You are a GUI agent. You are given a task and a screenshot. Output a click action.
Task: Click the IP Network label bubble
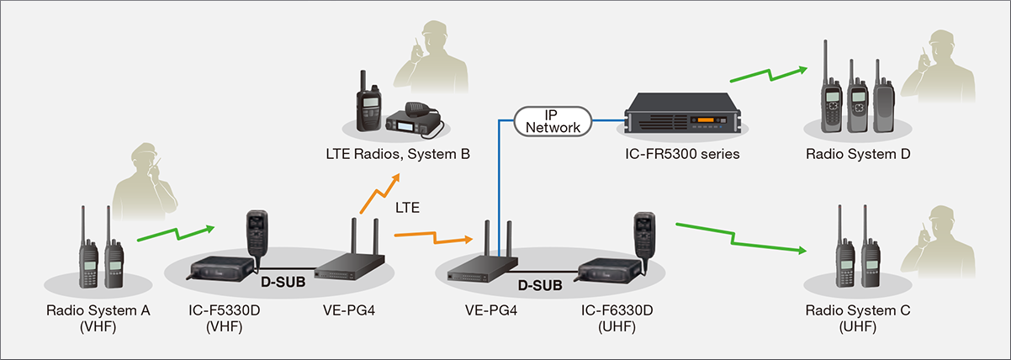pyautogui.click(x=551, y=120)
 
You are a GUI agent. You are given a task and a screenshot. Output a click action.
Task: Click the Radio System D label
pyautogui.click(x=858, y=155)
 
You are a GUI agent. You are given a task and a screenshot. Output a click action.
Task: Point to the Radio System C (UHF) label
pyautogui.click(x=858, y=319)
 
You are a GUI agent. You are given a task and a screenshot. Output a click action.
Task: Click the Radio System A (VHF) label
pyautogui.click(x=98, y=319)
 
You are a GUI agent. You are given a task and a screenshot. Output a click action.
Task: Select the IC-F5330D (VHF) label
pyautogui.click(x=224, y=319)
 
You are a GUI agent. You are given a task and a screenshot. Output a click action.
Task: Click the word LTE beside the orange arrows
pyautogui.click(x=409, y=206)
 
